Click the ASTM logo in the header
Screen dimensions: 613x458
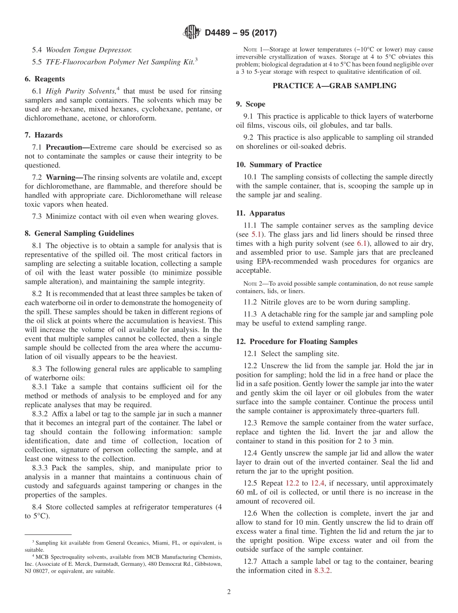[191, 33]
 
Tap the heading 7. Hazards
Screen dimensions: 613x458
[43, 135]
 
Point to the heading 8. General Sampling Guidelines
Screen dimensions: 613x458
[79, 233]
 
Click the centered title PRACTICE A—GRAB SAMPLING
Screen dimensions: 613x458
[335, 86]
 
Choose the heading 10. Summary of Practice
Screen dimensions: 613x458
[279, 165]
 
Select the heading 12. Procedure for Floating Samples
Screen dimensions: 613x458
[296, 342]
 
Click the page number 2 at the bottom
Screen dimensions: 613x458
[229, 592]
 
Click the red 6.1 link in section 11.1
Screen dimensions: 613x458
[362, 244]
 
